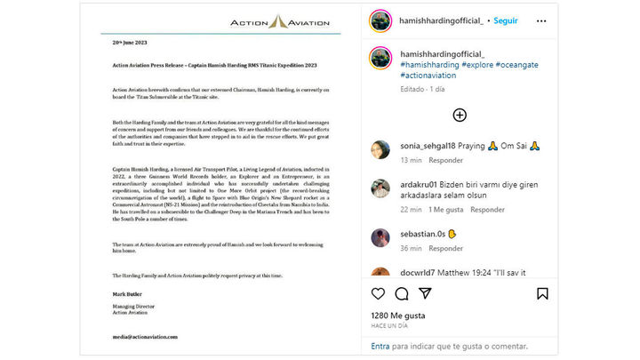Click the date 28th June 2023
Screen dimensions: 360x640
tap(131, 43)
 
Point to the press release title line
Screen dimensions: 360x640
tap(215, 66)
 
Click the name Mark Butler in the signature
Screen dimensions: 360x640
tap(128, 293)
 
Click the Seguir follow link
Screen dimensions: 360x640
tap(505, 20)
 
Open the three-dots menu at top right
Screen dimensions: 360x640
tap(540, 20)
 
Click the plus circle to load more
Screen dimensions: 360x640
tap(460, 115)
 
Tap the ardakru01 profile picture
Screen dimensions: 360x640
tap(380, 188)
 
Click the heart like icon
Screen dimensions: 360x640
tap(379, 293)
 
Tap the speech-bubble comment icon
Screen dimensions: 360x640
tap(402, 293)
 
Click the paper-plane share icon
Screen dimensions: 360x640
tap(425, 293)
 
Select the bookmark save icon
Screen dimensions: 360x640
tap(541, 293)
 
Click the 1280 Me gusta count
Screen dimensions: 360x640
tap(397, 316)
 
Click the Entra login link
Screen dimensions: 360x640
tap(380, 347)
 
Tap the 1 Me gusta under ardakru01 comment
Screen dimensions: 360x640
tap(446, 210)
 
